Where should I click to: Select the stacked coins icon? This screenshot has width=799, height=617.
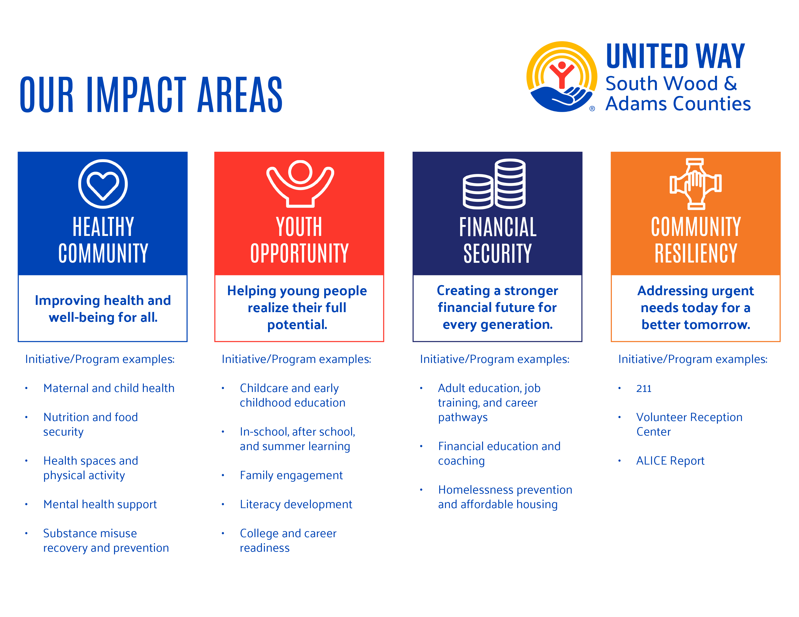[494, 184]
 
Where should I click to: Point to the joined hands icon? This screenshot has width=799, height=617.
[695, 184]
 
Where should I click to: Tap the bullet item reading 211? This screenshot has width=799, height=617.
[644, 389]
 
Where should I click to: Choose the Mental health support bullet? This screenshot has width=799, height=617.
[100, 504]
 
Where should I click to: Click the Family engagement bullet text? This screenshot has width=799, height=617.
[291, 475]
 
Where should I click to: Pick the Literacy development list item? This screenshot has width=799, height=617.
[296, 504]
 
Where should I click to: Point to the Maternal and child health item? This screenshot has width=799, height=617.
[109, 388]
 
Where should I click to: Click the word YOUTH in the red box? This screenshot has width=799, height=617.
[299, 227]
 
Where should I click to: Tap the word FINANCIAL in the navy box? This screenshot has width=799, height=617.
[498, 227]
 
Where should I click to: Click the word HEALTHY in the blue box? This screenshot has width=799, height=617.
[103, 227]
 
